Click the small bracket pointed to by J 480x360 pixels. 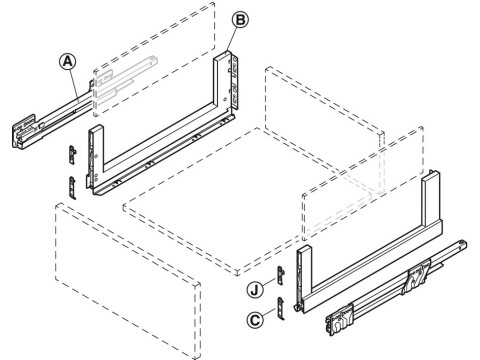[x=283, y=277]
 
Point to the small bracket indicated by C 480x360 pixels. [x=283, y=307]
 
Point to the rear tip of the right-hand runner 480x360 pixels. [x=462, y=245]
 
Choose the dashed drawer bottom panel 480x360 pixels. [x=250, y=200]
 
